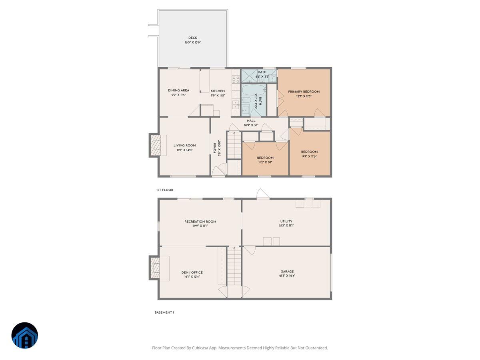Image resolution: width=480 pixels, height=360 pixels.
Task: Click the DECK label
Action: coord(192,38)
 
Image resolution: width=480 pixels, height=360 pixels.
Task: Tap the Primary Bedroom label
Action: coord(304,92)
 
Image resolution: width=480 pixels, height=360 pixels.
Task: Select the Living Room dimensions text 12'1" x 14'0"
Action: coord(184,150)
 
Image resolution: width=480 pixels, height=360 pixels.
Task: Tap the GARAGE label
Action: coord(287,272)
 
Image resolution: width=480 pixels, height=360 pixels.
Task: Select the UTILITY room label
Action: coord(286,221)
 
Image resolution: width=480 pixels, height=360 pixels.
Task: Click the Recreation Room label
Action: coord(200,222)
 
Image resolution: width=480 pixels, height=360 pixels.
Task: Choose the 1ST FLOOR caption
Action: coord(164,190)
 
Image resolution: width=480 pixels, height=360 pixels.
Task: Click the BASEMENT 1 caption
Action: coord(164,312)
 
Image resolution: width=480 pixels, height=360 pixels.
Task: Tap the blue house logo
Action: coord(24,336)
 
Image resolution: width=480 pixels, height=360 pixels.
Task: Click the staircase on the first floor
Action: coord(234,145)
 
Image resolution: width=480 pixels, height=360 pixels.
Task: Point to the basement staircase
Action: coord(234,266)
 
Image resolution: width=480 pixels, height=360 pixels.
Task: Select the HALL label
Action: coord(251,121)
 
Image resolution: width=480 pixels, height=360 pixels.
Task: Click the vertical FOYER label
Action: coord(215,148)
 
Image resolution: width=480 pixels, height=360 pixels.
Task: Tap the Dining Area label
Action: coord(178,90)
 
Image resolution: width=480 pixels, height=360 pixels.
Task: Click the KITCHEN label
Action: coord(218,91)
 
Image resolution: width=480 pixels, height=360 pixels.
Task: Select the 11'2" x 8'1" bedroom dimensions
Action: coord(265,162)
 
